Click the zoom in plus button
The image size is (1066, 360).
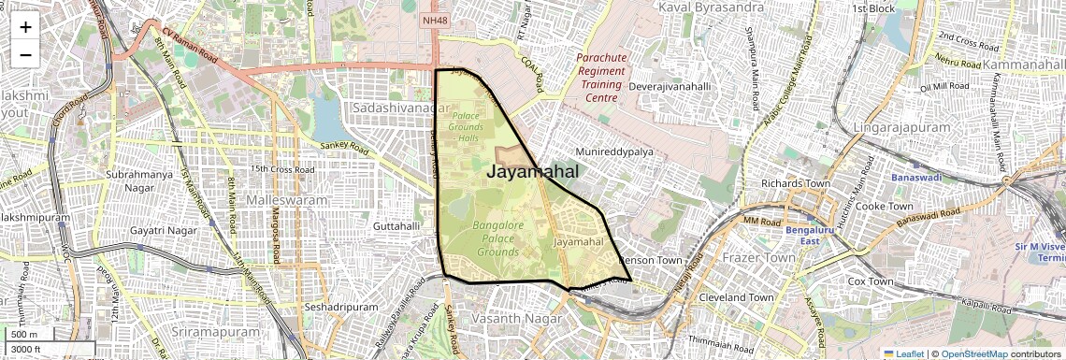coord(25,26)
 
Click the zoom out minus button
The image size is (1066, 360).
coord(25,54)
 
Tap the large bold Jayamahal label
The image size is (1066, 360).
coord(532,172)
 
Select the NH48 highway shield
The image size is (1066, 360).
coord(435,19)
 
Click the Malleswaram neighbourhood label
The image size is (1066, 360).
coord(287,200)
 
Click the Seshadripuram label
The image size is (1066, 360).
coord(341,307)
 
